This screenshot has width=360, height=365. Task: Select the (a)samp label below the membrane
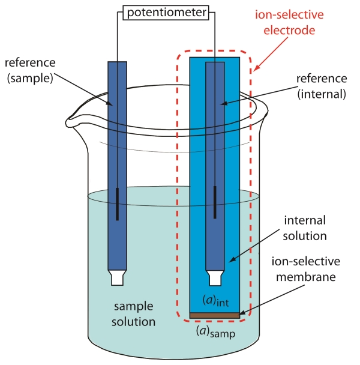coord(215,330)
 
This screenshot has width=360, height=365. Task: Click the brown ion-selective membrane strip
coord(215,315)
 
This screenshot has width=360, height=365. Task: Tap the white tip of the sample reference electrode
coord(117,277)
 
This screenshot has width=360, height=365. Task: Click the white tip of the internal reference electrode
coord(215,278)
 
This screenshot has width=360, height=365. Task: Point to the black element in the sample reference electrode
coord(117,204)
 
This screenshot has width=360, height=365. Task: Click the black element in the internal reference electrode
coord(215,204)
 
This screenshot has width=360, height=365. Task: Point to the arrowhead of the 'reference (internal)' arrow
coord(221,103)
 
